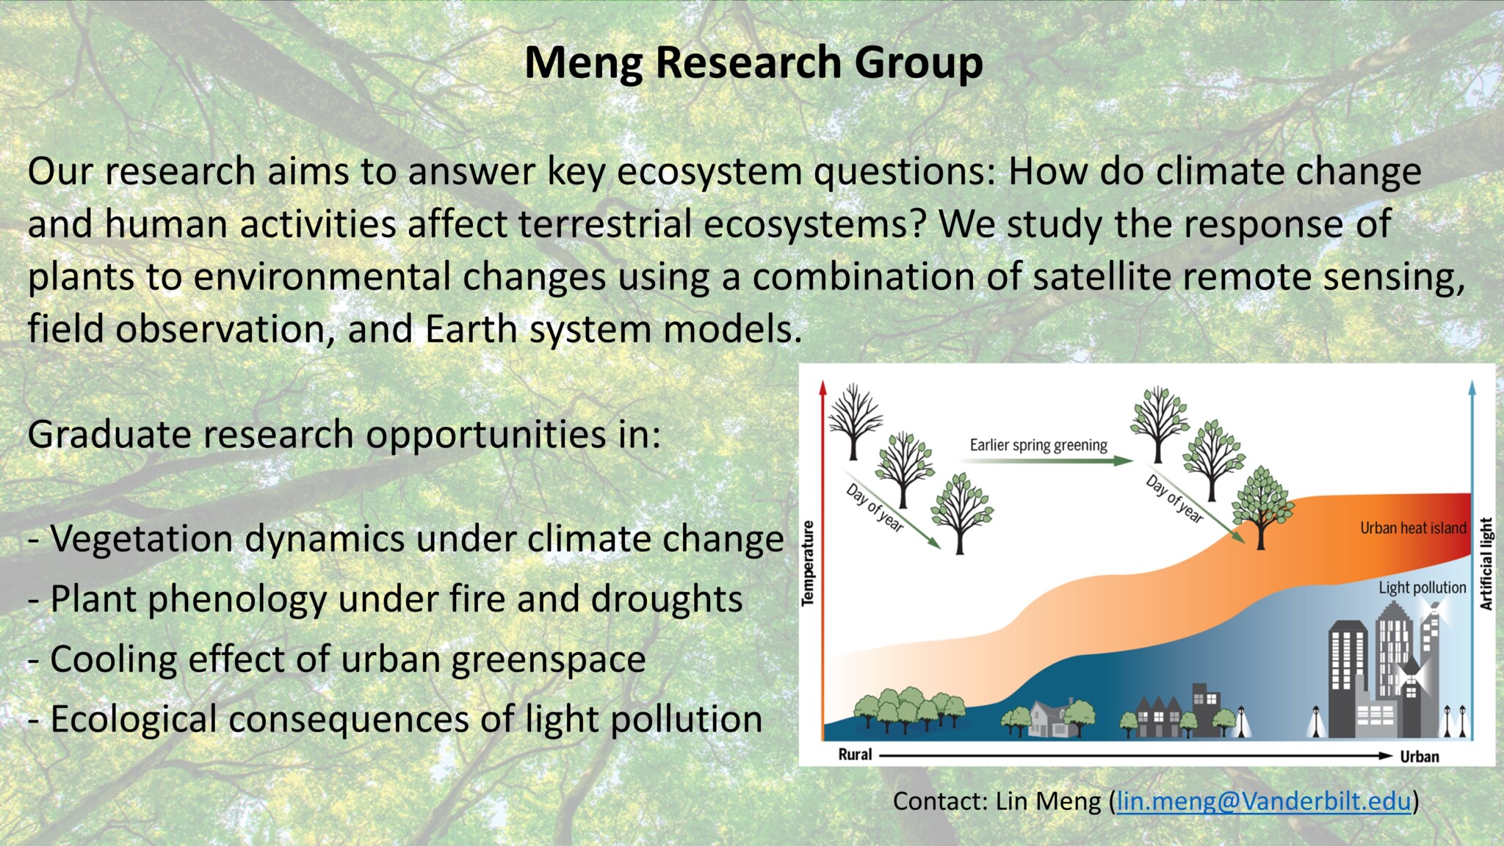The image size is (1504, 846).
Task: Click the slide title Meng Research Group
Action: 753,64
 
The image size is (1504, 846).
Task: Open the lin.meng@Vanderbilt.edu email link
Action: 1264,801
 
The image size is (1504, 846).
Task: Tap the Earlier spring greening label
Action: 1038,445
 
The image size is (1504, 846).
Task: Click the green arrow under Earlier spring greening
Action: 1046,461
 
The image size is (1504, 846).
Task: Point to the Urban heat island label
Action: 1413,528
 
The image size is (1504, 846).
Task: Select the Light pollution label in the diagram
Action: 1422,587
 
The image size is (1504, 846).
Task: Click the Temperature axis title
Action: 808,563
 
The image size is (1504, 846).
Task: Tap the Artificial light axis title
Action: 1486,564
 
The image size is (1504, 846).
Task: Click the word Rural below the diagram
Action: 855,754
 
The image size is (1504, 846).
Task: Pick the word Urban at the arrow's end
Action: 1419,756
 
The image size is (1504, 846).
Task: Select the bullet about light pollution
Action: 395,720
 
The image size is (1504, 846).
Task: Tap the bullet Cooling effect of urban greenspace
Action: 337,659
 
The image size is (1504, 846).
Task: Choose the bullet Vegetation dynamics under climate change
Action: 406,539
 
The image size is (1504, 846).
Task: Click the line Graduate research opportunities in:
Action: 344,435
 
